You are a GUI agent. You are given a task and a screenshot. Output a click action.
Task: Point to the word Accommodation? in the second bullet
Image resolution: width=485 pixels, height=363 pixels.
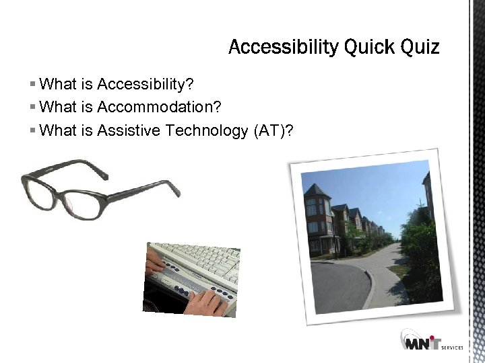(159, 108)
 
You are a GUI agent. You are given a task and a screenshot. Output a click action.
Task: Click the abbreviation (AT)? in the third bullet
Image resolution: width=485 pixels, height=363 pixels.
(273, 130)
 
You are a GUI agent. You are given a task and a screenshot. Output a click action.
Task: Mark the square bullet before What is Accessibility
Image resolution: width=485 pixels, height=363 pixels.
(33, 85)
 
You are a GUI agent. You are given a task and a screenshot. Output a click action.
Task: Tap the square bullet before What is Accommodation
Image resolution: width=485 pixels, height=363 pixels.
(33, 108)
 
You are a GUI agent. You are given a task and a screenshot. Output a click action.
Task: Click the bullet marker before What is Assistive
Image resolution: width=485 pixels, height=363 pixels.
(33, 130)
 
